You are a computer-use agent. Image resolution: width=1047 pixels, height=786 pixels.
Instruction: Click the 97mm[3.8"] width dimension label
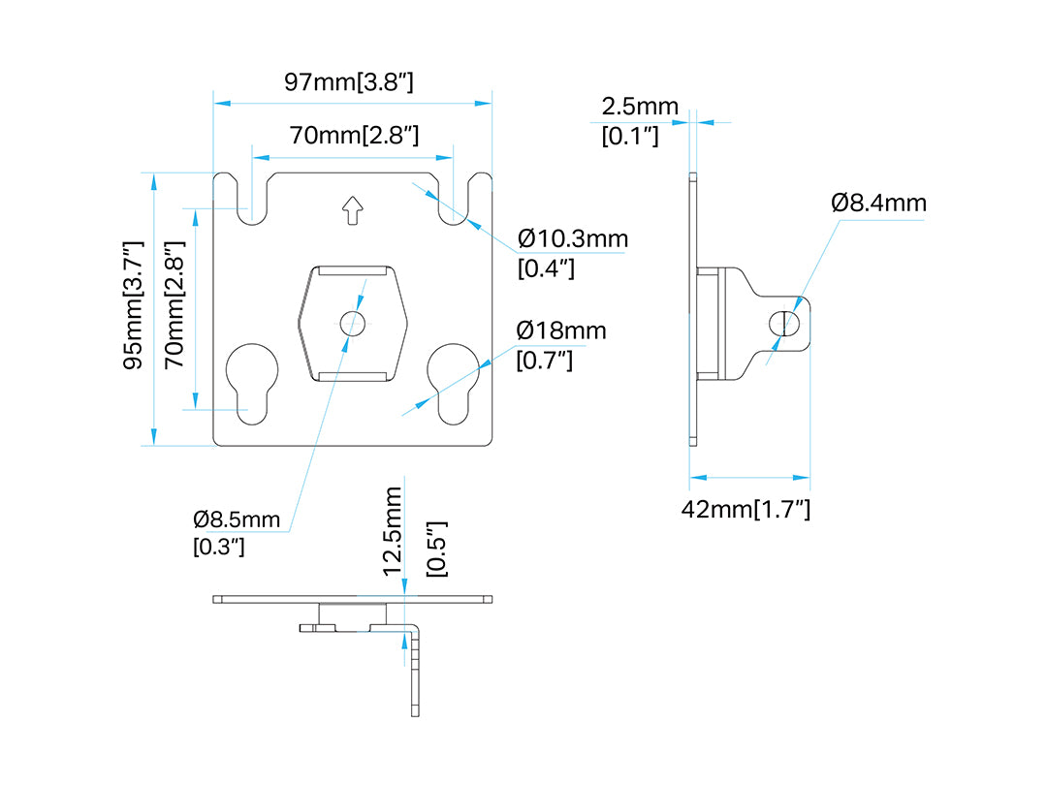coord(349,82)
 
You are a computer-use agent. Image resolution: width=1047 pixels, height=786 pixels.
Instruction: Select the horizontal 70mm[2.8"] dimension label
coord(354,136)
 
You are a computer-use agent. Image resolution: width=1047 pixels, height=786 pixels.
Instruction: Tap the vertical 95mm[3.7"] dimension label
coord(134,305)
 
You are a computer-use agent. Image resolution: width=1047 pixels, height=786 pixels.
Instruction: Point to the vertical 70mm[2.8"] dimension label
coord(174,304)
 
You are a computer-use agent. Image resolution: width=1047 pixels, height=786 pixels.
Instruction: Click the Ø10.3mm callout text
coord(573,238)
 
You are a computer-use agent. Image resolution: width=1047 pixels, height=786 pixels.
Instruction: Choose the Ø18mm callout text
coord(561,330)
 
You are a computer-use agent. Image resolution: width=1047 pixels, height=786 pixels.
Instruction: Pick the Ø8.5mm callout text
coord(237,519)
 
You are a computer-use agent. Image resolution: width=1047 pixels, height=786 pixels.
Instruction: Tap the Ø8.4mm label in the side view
coord(878,203)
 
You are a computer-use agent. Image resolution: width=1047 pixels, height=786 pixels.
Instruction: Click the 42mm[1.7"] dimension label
coord(746,510)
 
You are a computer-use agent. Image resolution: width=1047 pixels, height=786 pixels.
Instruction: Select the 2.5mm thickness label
coord(640,107)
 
